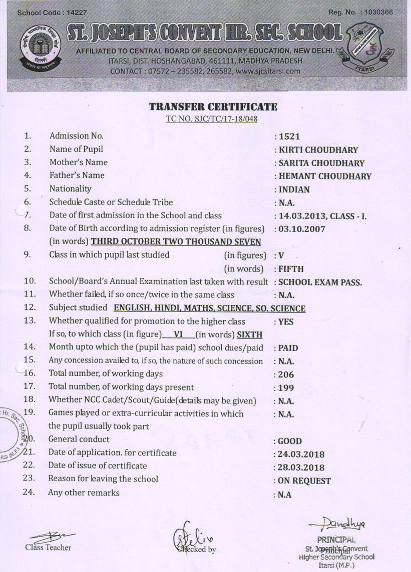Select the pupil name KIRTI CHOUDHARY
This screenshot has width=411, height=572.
point(318,150)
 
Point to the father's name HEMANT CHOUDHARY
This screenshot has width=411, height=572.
point(325,176)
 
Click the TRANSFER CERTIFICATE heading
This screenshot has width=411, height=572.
point(213,107)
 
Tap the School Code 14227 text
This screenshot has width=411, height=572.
point(45,12)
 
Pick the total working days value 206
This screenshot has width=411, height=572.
point(286,374)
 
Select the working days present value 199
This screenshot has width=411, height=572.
point(286,387)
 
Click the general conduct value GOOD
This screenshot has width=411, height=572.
point(290,441)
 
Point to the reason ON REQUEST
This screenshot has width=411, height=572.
point(304,481)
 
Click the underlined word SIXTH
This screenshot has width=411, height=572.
point(250,335)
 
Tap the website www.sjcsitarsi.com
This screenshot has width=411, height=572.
point(268,71)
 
